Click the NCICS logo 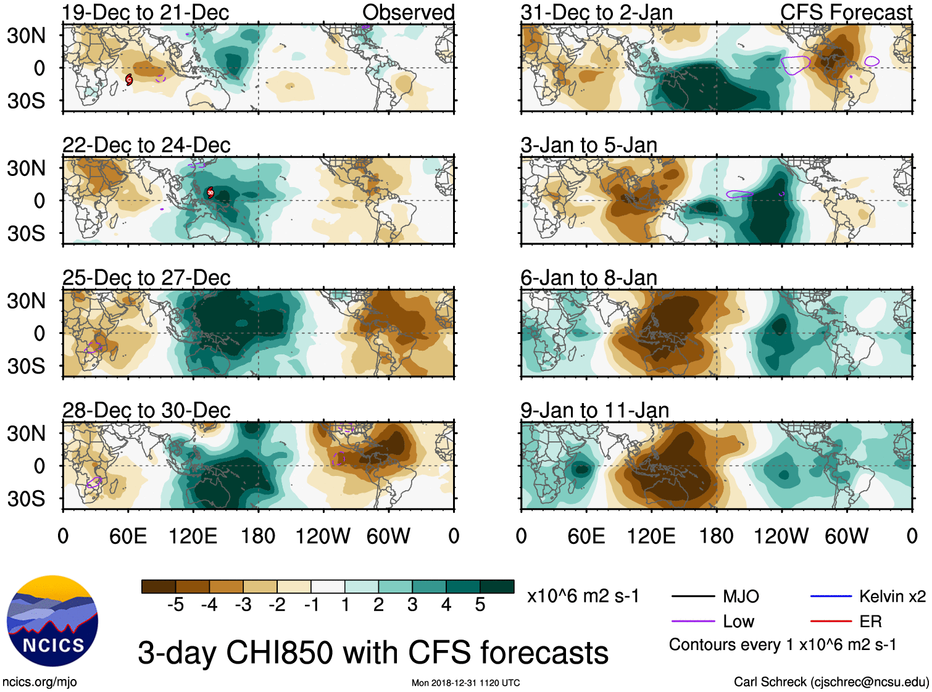[x=52, y=621]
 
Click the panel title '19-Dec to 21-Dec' [x=146, y=12]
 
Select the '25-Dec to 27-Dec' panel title [x=146, y=278]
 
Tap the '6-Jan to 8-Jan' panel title [x=589, y=278]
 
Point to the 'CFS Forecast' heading [x=846, y=12]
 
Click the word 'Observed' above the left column [x=408, y=12]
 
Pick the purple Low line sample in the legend [x=693, y=621]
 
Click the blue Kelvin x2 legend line [x=831, y=596]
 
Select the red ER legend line [x=831, y=621]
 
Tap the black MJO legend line [x=693, y=596]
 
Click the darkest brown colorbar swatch [x=159, y=586]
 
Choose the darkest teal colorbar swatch [x=497, y=586]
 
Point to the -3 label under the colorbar [x=243, y=605]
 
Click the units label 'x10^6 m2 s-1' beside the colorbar [x=583, y=596]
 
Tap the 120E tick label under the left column [x=193, y=536]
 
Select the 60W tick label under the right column [x=846, y=536]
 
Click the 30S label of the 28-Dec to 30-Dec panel [x=27, y=499]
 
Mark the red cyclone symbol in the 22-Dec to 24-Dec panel [x=210, y=192]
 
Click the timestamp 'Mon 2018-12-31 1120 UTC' [x=465, y=683]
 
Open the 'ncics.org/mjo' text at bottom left [x=40, y=682]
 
